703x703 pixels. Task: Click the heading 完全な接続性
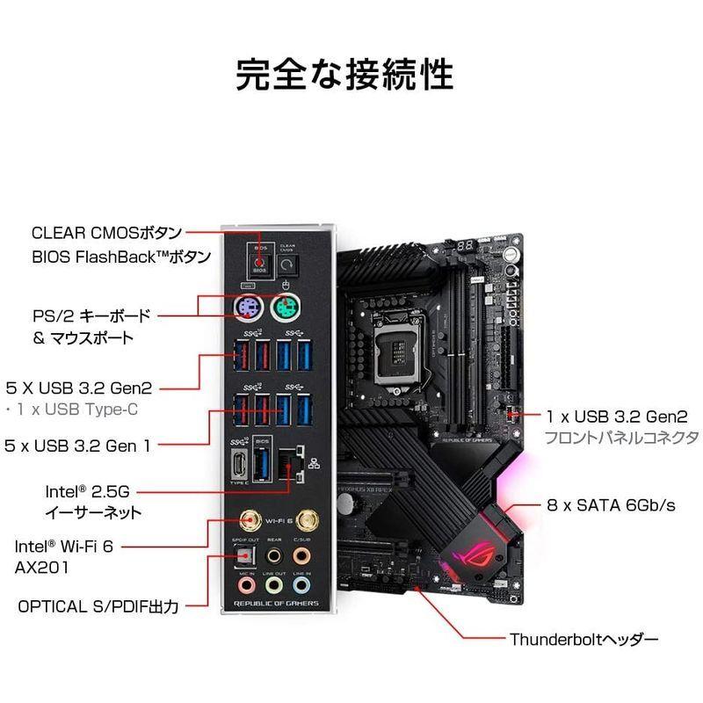pos(344,75)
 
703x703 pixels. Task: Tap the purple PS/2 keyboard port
pos(250,307)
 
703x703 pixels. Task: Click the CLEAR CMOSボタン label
pos(106,233)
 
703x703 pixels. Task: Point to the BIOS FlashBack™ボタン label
pos(121,257)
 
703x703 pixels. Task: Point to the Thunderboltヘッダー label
pos(583,640)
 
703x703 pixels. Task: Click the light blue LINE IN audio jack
pos(302,584)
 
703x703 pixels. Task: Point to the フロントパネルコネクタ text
pos(621,437)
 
